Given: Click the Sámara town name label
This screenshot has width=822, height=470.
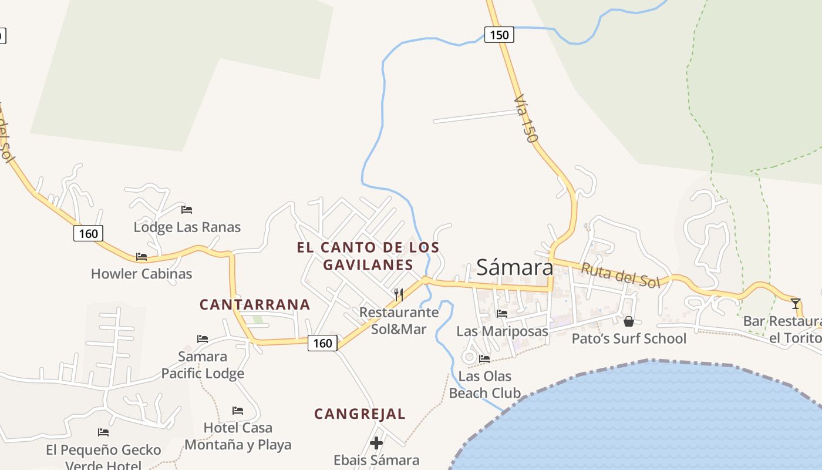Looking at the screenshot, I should coord(514,267).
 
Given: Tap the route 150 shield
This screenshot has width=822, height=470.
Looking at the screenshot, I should coord(499,35).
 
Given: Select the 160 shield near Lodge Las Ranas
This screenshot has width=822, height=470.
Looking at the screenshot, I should coord(88,233).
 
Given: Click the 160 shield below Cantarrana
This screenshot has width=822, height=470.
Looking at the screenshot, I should coord(322,343).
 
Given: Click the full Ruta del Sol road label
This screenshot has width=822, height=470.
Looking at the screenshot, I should coord(621,276).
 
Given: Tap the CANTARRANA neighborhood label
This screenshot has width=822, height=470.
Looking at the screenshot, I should coord(255,304).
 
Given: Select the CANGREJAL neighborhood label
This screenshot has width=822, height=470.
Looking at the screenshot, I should coord(360,414).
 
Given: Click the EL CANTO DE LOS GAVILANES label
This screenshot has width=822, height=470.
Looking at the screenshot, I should coord(368,256).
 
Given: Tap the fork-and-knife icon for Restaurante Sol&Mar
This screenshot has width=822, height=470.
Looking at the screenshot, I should coord(399,294).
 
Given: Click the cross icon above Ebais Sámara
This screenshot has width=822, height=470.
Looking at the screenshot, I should coord(376,442).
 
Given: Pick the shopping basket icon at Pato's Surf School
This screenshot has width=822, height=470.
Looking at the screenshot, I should coord(629,321).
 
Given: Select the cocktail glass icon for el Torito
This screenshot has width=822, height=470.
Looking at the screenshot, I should coord(796,303).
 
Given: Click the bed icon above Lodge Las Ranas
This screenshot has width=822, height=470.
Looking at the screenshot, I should coord(187,209).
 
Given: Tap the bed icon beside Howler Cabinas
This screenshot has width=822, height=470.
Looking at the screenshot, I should coord(142,257).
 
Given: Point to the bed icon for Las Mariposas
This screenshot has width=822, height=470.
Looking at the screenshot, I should coord(502,314).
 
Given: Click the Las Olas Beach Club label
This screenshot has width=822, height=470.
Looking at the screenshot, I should coord(485,384).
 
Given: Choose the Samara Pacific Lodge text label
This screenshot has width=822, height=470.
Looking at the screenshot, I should coord(203,365).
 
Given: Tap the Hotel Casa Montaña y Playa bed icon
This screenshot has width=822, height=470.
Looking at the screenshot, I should coord(238,410).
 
